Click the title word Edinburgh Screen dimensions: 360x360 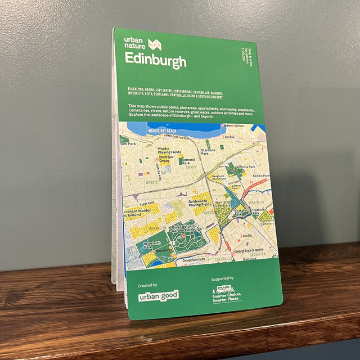click(x=155, y=59)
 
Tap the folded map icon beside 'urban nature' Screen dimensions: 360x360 click(x=155, y=43)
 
